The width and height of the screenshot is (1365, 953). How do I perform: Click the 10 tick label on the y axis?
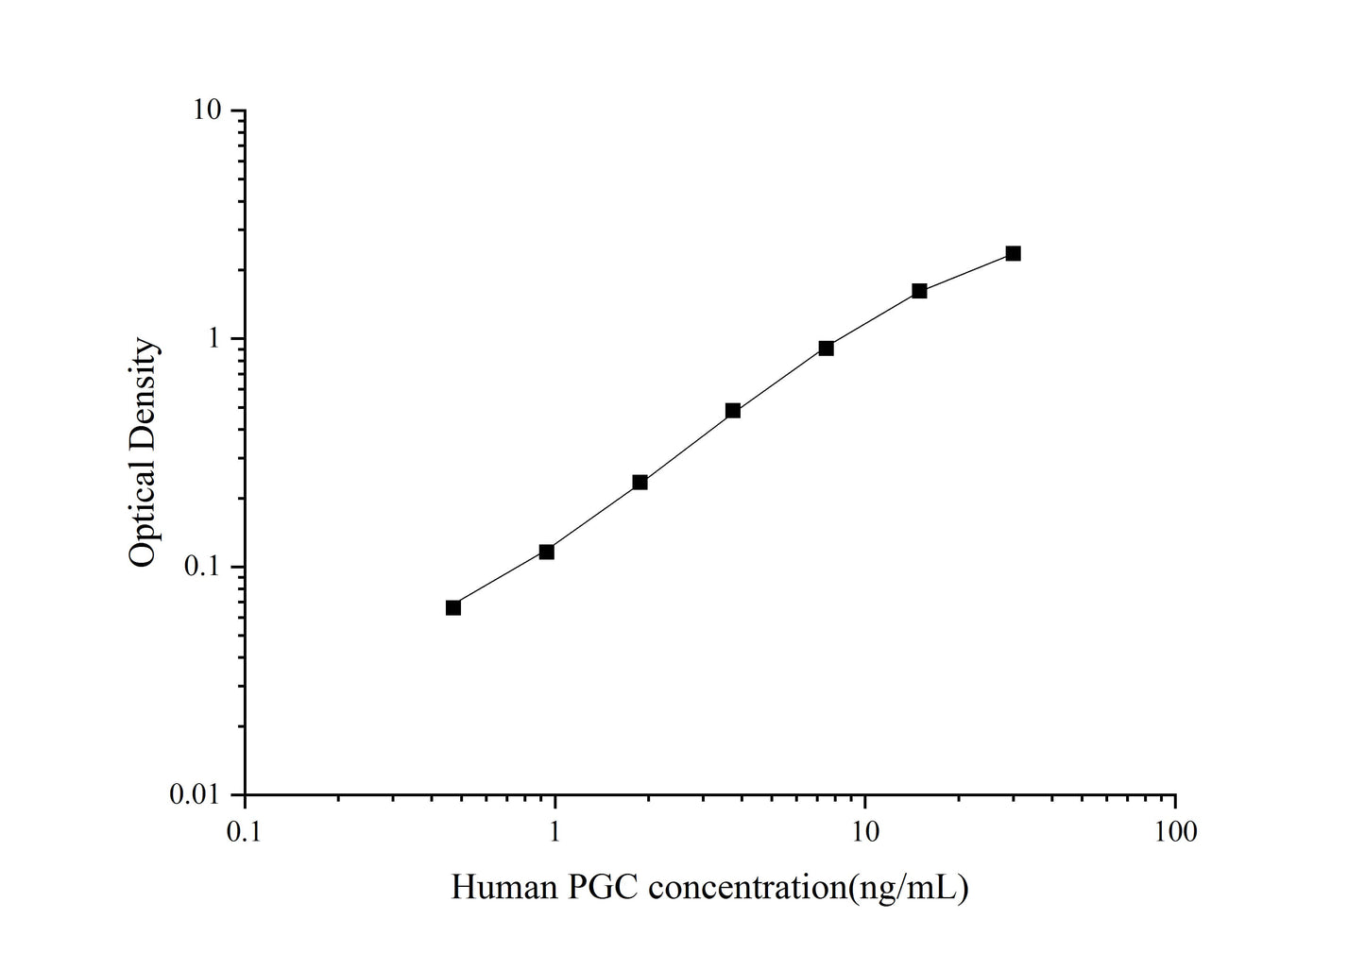208,111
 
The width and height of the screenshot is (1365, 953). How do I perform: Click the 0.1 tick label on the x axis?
245,832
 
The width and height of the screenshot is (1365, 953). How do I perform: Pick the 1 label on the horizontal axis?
555,832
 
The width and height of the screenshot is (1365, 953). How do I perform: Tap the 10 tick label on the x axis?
864,832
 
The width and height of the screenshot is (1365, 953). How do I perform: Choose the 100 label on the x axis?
1175,832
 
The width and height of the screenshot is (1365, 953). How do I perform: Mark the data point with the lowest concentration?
453,607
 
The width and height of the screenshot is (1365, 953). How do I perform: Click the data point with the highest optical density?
1013,253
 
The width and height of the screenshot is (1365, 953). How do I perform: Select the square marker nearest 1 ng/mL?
547,552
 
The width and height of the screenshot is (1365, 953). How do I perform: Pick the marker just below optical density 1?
827,349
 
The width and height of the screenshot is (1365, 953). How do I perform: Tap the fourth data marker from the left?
733,411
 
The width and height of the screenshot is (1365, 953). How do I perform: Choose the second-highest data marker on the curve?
919,291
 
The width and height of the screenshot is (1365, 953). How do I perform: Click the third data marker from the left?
640,483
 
